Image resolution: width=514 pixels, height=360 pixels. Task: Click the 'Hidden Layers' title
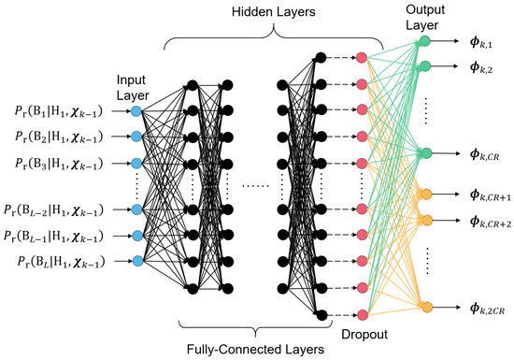coord(271,12)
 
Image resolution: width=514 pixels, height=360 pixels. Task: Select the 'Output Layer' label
coord(426,15)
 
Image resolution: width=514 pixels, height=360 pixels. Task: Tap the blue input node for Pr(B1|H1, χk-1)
coord(136,111)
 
